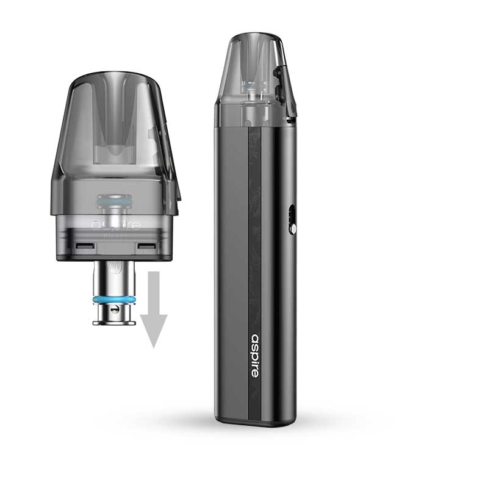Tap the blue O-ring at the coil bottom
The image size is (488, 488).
point(114,300)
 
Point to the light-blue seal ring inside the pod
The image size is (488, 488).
point(114,201)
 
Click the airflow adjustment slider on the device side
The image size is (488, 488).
point(292,220)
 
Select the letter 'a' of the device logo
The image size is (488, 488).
point(255,337)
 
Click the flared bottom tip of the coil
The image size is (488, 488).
point(114,320)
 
